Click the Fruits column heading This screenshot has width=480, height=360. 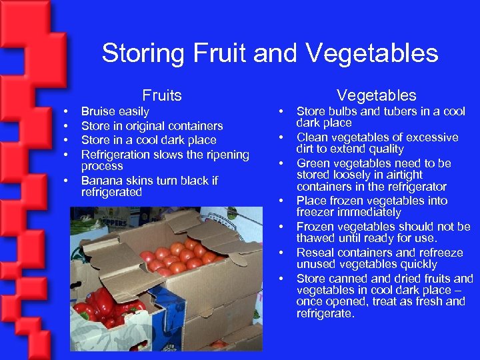(x=162, y=95)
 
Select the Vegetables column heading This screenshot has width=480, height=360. (x=376, y=95)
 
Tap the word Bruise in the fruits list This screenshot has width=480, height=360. (x=98, y=111)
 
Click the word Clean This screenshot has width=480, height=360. (x=312, y=137)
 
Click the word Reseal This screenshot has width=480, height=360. (x=314, y=253)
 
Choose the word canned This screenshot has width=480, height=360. (x=348, y=279)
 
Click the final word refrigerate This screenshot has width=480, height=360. (x=325, y=313)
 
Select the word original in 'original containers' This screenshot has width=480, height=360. (x=134, y=126)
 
